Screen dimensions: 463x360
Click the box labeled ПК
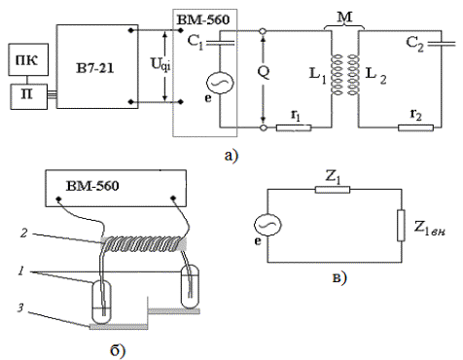[28, 59]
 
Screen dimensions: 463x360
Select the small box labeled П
[28, 96]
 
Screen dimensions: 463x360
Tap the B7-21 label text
[95, 69]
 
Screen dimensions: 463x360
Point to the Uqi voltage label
[160, 64]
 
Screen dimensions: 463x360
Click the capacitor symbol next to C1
[220, 43]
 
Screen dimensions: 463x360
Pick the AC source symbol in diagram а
[220, 83]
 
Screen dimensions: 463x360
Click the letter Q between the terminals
[264, 73]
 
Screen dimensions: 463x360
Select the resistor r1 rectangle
[294, 127]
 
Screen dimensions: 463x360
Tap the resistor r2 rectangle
[415, 127]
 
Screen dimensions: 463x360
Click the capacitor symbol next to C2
[442, 44]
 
